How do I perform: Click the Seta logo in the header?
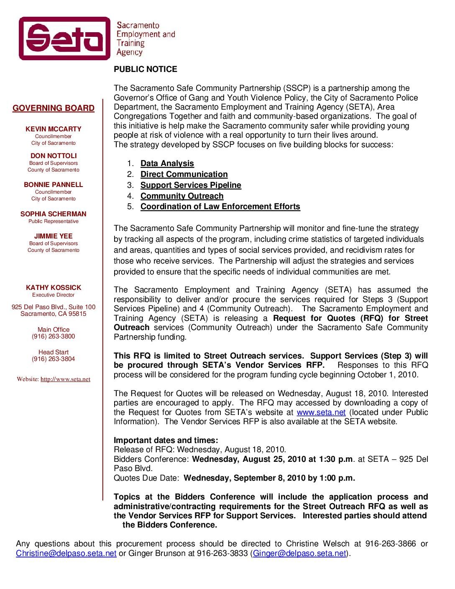(65, 38)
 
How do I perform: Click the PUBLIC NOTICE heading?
(146, 69)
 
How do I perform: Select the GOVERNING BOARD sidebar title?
(54, 108)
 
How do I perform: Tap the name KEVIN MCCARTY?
(54, 129)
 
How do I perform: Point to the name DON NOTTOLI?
(54, 156)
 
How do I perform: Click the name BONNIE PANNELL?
(54, 185)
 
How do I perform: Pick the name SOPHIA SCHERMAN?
(54, 214)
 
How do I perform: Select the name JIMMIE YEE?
(54, 236)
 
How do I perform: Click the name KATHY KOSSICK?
(54, 288)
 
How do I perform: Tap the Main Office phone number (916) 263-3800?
(54, 337)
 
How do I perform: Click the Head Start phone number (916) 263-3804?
(54, 359)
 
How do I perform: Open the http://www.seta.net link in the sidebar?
(65, 379)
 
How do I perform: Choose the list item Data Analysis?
(167, 164)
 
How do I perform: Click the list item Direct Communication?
(184, 174)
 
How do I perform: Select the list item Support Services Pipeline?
(191, 185)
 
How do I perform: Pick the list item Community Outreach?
(182, 196)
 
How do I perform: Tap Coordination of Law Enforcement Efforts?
(220, 207)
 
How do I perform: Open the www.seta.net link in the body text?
(321, 412)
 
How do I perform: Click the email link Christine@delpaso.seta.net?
(66, 554)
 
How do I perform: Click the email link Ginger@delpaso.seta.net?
(300, 554)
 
